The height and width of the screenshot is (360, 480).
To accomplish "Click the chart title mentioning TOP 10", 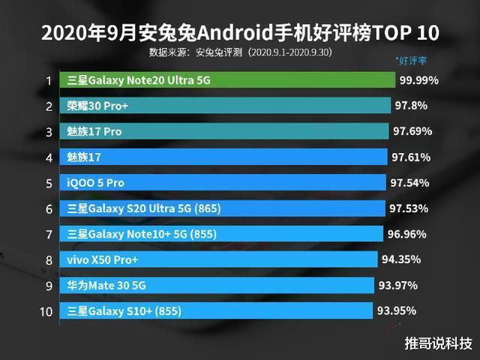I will click(x=239, y=33).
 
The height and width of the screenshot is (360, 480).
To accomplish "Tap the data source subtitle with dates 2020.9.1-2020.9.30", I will click(x=240, y=53).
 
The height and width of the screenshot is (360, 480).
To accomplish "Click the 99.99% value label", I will click(x=418, y=80).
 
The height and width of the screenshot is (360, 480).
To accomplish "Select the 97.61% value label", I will click(x=410, y=157).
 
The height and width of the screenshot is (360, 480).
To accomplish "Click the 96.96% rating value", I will click(x=407, y=234).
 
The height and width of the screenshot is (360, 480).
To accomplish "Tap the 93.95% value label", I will click(x=397, y=310).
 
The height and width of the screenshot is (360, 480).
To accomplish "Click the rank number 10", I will click(x=46, y=311).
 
